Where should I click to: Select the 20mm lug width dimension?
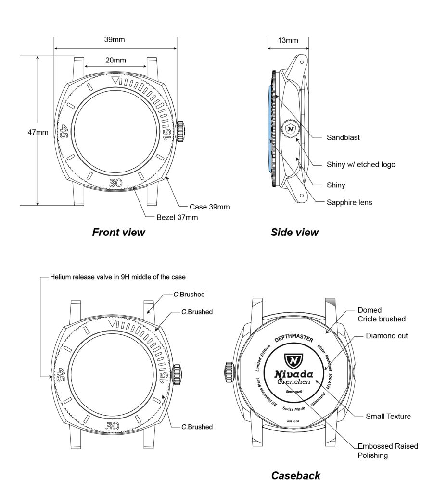pos(115,60)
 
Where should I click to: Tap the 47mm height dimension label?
pos(38,132)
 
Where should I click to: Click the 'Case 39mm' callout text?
pos(209,207)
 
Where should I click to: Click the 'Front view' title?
pos(118,233)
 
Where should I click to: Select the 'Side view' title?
pos(294,233)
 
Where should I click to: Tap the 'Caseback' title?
pos(296,476)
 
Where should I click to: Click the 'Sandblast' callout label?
pos(344,138)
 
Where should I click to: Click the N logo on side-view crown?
pos(290,129)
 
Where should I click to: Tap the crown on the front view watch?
pos(181,131)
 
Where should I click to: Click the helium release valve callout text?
pos(117,277)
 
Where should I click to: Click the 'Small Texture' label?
pos(388,417)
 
